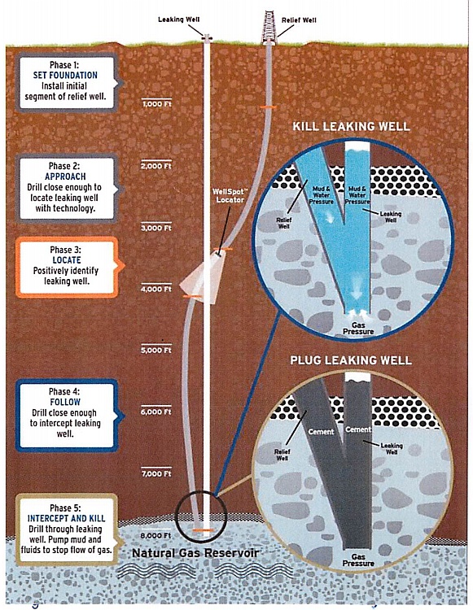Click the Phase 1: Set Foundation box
[x=67, y=82]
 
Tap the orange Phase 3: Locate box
[x=67, y=268]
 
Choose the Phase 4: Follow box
[x=67, y=415]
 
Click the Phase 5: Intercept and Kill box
[x=67, y=529]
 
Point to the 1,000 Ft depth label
[x=156, y=104]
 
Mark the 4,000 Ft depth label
[x=156, y=289]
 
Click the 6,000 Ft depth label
[x=156, y=412]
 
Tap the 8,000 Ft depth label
[x=156, y=535]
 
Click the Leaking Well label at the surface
[x=179, y=19]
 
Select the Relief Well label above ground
[x=299, y=20]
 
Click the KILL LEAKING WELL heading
[x=351, y=126]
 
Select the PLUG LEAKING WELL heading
[x=351, y=359]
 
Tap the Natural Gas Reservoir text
[x=195, y=553]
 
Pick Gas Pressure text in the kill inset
[x=358, y=329]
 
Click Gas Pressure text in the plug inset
[x=358, y=560]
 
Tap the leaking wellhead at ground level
[x=207, y=37]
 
